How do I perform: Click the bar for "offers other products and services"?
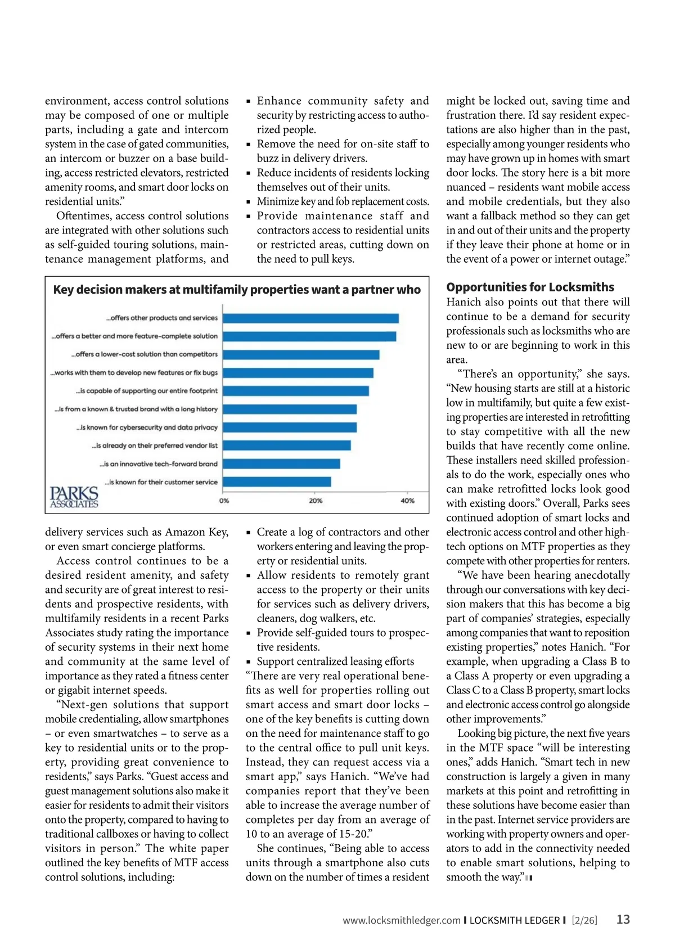coord(311,318)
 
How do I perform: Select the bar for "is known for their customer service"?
coord(277,482)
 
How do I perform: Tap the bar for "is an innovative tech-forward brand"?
coord(282,463)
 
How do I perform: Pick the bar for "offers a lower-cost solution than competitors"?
coord(301,355)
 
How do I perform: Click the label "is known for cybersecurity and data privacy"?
coord(147,427)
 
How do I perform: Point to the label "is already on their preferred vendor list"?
coord(155,445)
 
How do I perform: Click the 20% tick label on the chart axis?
coord(316,501)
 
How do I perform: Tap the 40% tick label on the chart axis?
coord(407,501)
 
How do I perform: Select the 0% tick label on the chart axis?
coord(224,501)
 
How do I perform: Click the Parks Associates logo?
coord(74,497)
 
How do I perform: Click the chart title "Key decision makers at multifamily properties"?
coord(237,290)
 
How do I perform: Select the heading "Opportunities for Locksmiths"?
coord(530,287)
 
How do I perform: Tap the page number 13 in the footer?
coord(623,920)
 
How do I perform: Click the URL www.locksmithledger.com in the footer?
coord(402,921)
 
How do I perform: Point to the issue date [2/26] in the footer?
coord(584,921)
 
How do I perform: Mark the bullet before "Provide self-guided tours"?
coord(249,633)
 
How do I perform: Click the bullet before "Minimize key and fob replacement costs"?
coord(249,202)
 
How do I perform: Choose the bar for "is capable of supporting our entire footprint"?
coord(296,391)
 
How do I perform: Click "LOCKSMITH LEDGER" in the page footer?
coord(515,921)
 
